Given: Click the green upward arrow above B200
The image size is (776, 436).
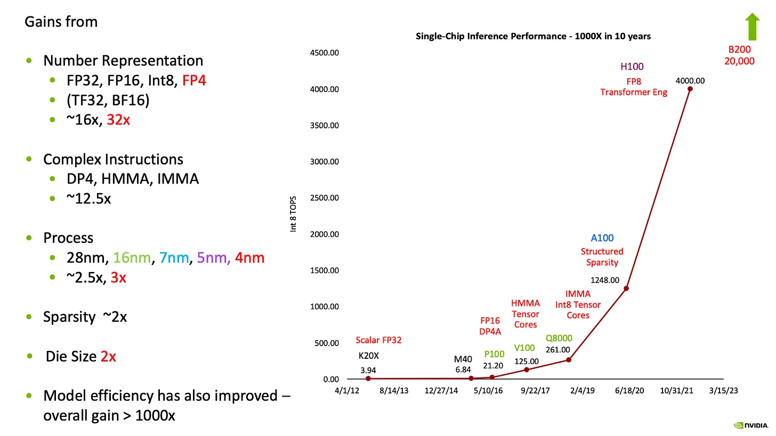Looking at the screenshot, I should pyautogui.click(x=752, y=27).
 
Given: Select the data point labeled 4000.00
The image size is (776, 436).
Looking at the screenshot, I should pyautogui.click(x=690, y=89).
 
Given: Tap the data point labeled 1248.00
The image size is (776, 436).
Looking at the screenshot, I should pyautogui.click(x=626, y=289).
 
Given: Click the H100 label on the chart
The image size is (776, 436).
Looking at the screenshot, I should pyautogui.click(x=632, y=67).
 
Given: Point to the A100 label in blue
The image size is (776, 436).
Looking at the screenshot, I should pyautogui.click(x=602, y=238).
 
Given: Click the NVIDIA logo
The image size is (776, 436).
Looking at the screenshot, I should pyautogui.click(x=751, y=425).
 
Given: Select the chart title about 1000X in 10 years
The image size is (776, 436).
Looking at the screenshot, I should pyautogui.click(x=533, y=37).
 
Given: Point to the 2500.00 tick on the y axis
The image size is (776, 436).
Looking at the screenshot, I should pyautogui.click(x=325, y=198).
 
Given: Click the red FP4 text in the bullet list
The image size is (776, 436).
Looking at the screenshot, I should pyautogui.click(x=194, y=80).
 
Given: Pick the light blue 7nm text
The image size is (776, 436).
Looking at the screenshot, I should pyautogui.click(x=175, y=258).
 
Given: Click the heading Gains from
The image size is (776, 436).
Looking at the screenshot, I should pyautogui.click(x=61, y=22).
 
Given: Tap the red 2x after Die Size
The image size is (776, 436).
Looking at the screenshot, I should pyautogui.click(x=108, y=356).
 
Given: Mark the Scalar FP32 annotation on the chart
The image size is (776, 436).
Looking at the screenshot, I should pyautogui.click(x=379, y=341).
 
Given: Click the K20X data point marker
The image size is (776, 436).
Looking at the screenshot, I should pyautogui.click(x=368, y=379).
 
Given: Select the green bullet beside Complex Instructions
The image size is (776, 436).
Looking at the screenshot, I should pyautogui.click(x=29, y=159).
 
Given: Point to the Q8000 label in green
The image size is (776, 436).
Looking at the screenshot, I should pyautogui.click(x=559, y=338).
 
